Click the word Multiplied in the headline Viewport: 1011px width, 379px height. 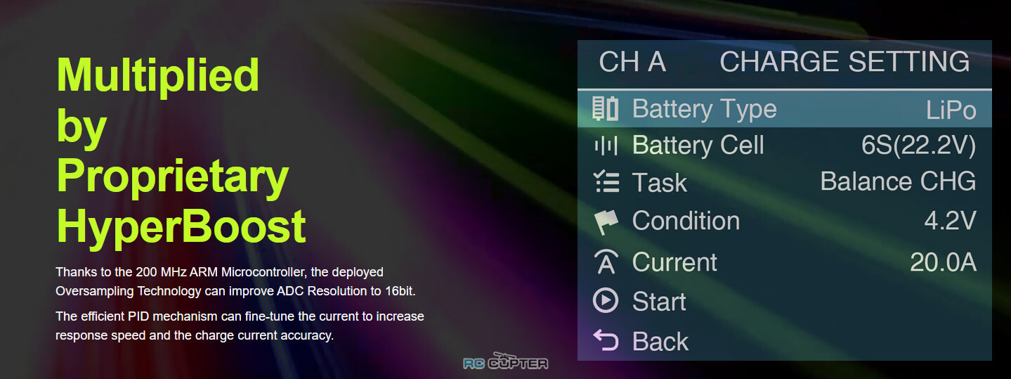(x=158, y=75)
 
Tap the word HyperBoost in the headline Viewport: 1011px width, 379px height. (x=181, y=227)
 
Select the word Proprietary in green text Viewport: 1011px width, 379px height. (x=173, y=176)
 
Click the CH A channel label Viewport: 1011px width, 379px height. (x=632, y=61)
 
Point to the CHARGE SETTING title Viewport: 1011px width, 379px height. (x=844, y=61)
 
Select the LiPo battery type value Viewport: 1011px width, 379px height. (x=951, y=110)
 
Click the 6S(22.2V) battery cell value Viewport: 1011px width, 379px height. (x=918, y=146)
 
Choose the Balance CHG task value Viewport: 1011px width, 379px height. (x=898, y=181)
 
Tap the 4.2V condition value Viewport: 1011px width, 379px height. (x=950, y=221)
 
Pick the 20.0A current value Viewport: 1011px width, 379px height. (x=943, y=262)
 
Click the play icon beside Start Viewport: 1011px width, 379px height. (x=605, y=300)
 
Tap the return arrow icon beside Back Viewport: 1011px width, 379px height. (x=605, y=340)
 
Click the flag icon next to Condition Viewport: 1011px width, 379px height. (x=606, y=221)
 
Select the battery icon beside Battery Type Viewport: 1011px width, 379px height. (x=605, y=108)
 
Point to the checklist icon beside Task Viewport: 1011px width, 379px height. (x=606, y=181)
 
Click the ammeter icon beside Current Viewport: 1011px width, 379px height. (x=606, y=262)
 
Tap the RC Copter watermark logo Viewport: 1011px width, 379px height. (x=506, y=361)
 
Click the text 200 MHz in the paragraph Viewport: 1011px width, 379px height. (x=161, y=272)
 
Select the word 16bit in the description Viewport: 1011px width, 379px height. (x=400, y=291)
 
